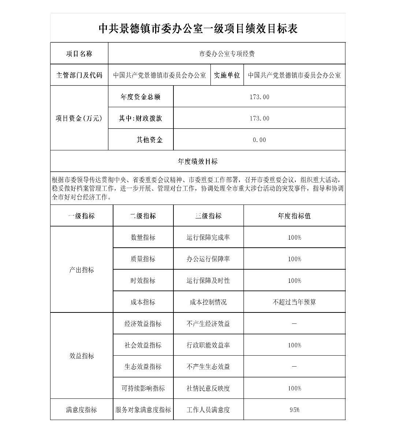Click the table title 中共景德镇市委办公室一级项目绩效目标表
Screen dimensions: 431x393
tap(198, 29)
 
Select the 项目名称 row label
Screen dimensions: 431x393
tap(79, 54)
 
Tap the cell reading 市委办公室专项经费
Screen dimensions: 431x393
tap(227, 54)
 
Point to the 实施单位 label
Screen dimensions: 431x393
tap(227, 75)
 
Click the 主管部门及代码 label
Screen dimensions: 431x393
tap(79, 75)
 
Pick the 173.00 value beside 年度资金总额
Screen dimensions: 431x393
tap(259, 97)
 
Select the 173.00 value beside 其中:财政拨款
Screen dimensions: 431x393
tap(259, 119)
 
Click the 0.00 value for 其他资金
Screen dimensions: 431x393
tap(259, 140)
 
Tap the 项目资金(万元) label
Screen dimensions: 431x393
tap(79, 119)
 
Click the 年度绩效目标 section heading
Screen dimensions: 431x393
tap(198, 161)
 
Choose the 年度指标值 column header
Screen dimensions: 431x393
tap(294, 216)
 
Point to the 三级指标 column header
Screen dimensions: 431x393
tap(208, 216)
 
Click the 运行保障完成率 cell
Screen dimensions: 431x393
tap(208, 237)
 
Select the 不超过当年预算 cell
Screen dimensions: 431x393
tap(294, 302)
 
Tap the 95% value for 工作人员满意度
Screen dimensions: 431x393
tap(294, 410)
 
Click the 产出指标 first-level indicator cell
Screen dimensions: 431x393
tap(82, 270)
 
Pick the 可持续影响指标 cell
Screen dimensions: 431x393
tap(143, 388)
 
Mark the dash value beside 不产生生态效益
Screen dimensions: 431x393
tap(294, 367)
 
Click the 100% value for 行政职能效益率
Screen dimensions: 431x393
tap(294, 345)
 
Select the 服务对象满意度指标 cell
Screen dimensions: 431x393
tap(143, 410)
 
